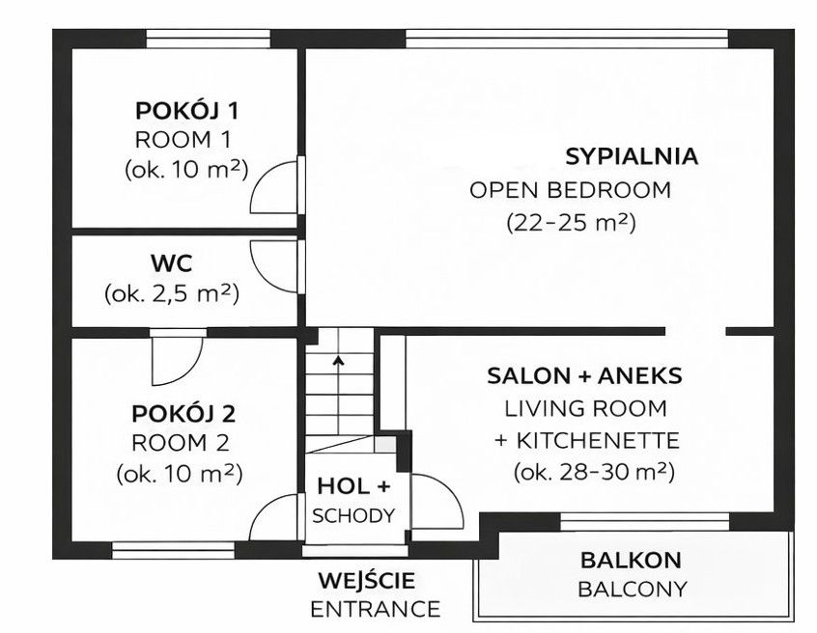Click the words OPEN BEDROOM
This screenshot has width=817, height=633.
[x=570, y=190]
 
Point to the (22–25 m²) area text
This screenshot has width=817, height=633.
[x=570, y=223]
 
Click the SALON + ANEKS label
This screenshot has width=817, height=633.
[x=584, y=375]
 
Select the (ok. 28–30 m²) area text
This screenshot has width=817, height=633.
[x=593, y=473]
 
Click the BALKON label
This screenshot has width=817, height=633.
[x=631, y=560]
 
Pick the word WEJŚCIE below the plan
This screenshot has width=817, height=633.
[x=367, y=581]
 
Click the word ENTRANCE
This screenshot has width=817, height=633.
[x=375, y=609]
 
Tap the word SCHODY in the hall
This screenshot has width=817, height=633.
[x=353, y=515]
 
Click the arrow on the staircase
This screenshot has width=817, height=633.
[x=338, y=362]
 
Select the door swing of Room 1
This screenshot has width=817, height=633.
[x=274, y=187]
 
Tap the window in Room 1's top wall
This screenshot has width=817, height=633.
[x=208, y=39]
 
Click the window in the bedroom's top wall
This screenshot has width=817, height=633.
[x=566, y=39]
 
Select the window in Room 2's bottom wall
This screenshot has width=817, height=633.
[x=173, y=550]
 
